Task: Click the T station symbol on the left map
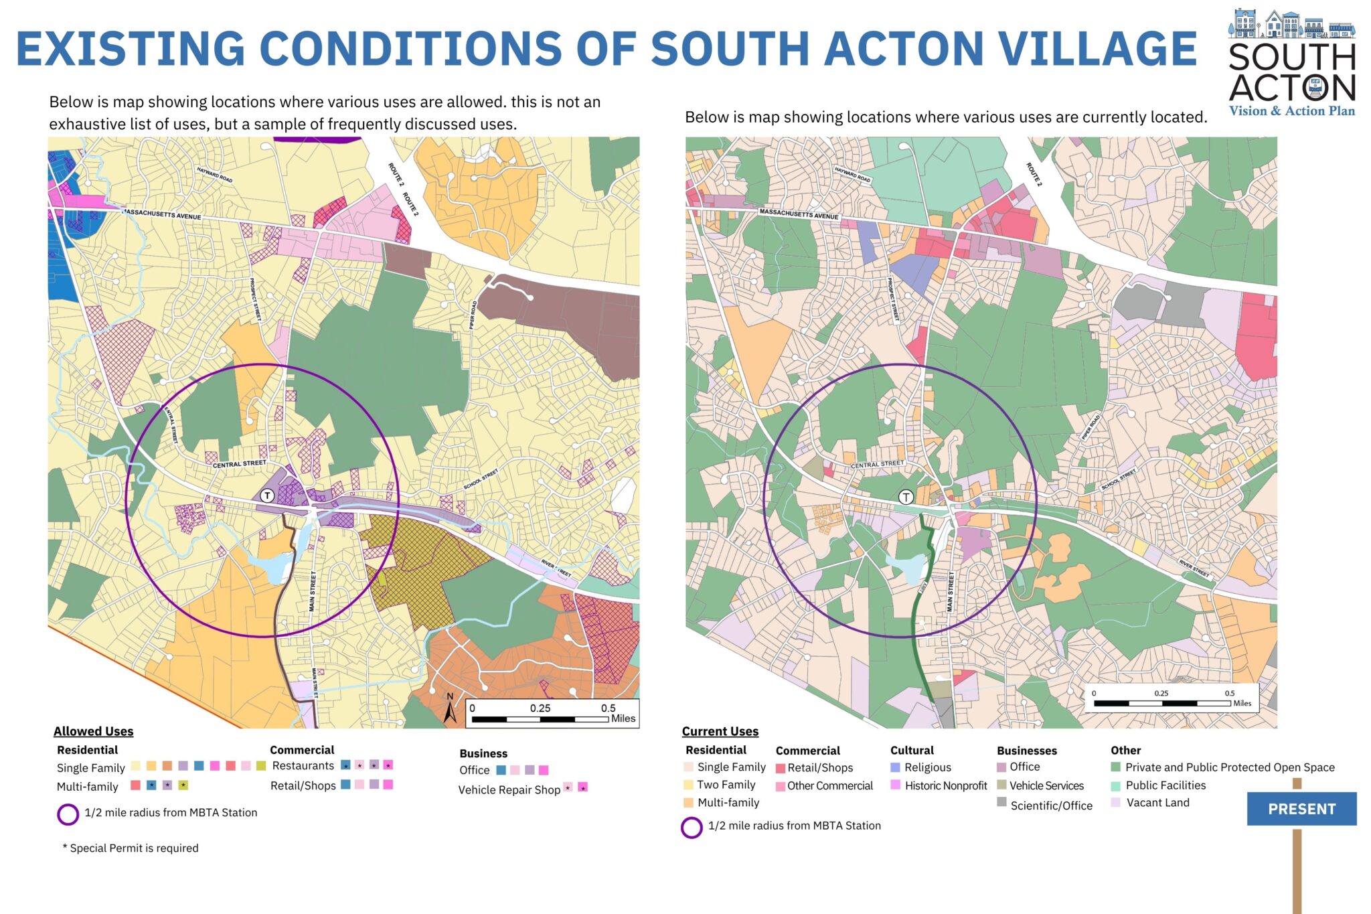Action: click(267, 496)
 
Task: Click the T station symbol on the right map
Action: click(906, 497)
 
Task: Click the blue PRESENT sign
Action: click(1301, 809)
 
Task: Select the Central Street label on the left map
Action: click(239, 464)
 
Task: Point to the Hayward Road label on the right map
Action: click(853, 174)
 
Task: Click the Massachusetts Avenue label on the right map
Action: click(798, 214)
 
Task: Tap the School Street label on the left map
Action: click(481, 479)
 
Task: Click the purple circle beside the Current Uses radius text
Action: click(692, 827)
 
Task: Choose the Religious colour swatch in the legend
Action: click(895, 767)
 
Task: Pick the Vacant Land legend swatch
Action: click(1115, 802)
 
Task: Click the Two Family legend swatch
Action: click(688, 785)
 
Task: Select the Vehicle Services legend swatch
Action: click(1001, 785)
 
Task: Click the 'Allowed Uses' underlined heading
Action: click(93, 731)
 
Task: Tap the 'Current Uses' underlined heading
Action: click(720, 731)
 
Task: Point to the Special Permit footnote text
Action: click(131, 848)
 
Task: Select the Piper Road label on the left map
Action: click(473, 314)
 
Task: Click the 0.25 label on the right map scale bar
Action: click(1161, 694)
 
